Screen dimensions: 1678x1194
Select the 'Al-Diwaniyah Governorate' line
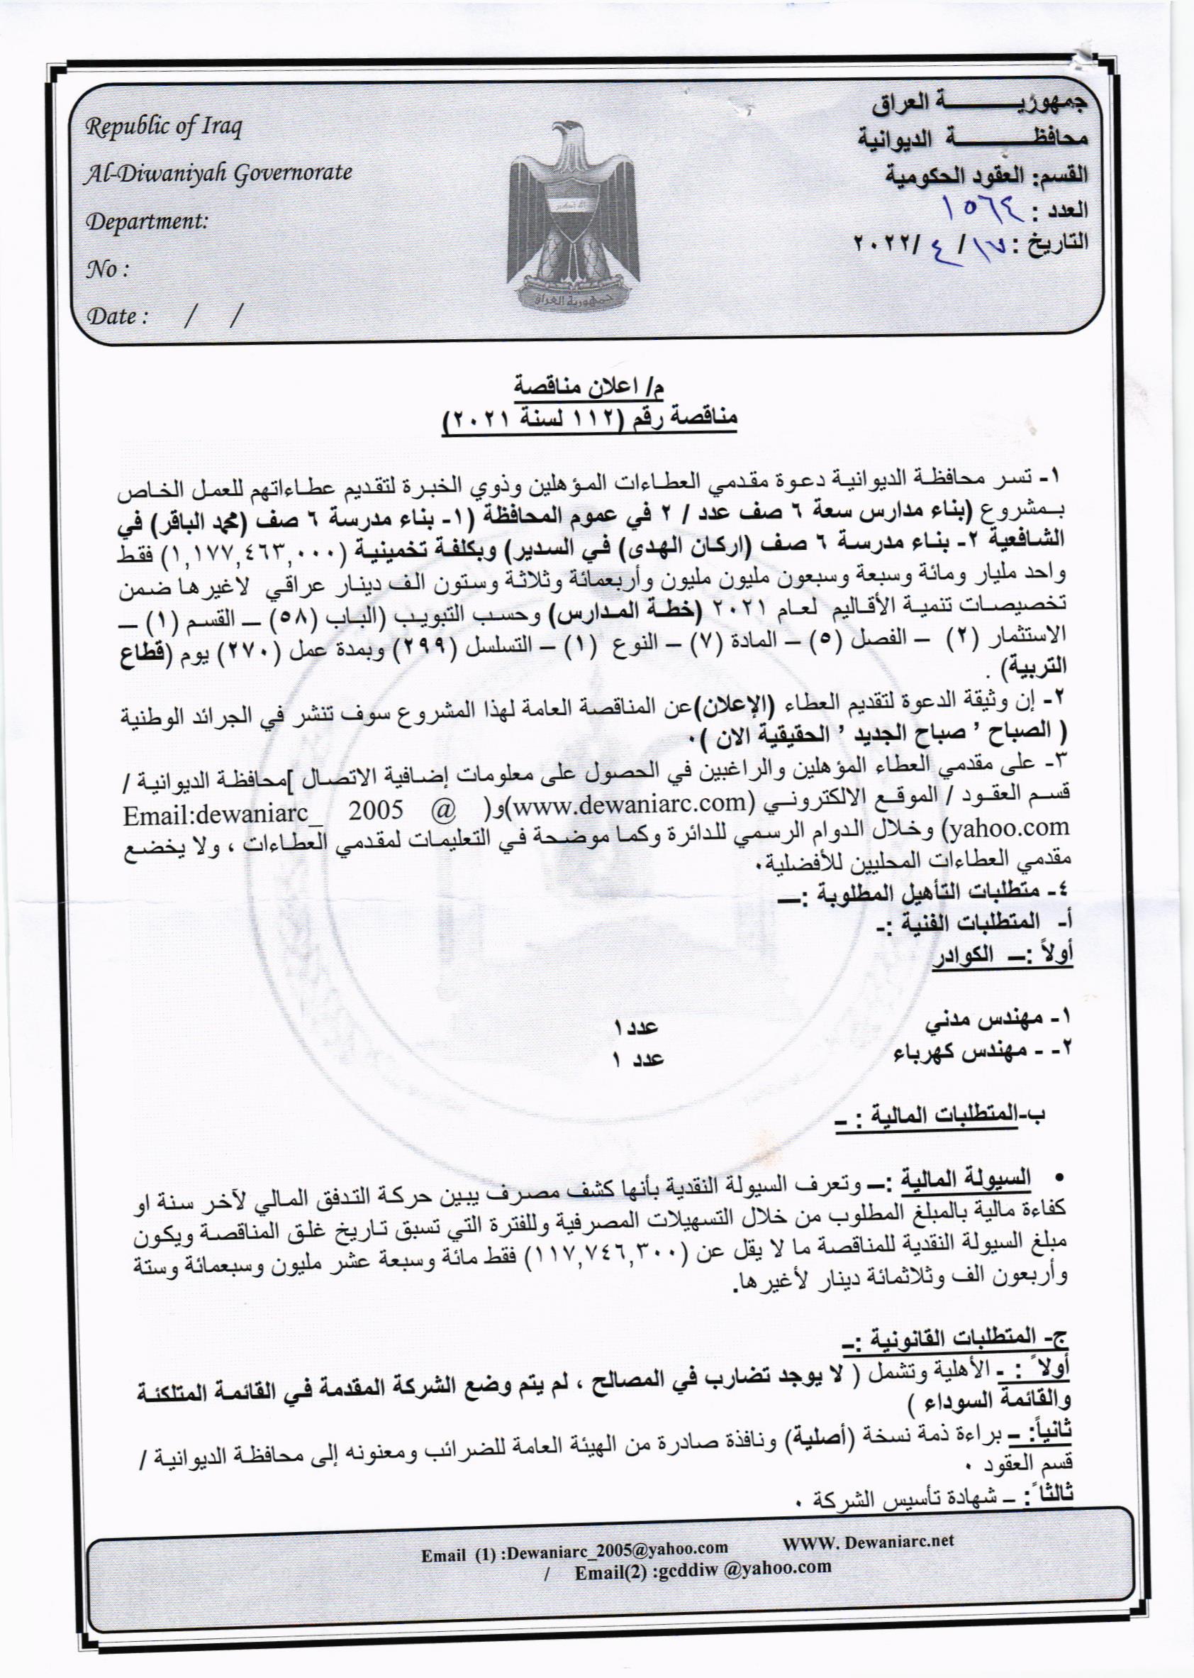219,175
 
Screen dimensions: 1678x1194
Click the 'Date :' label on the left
118,317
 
